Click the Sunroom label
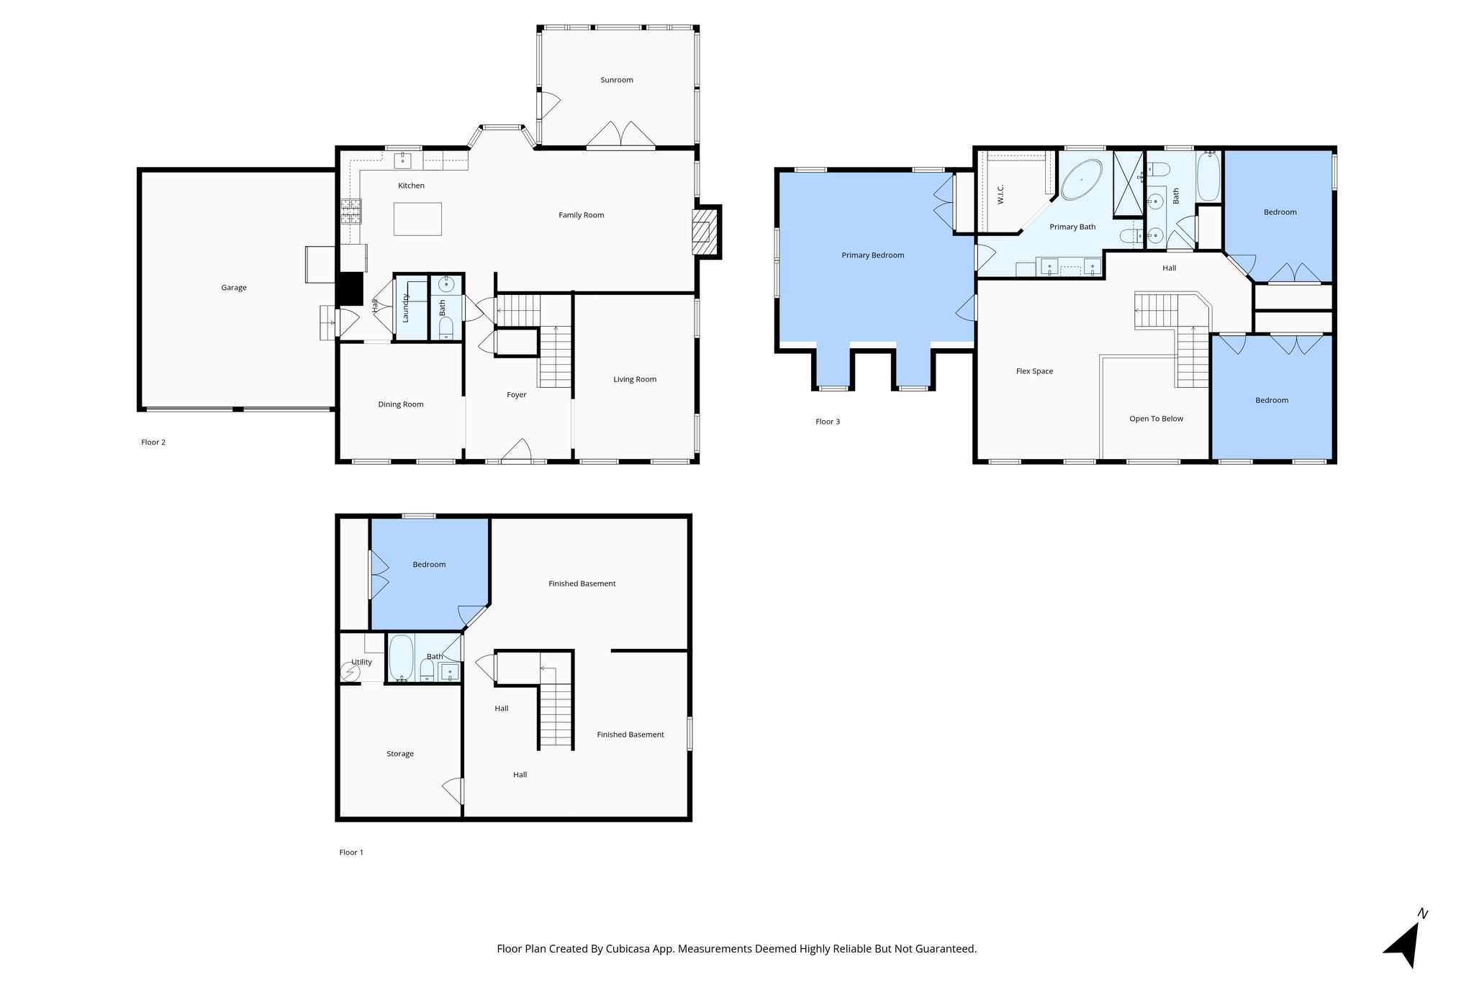pyautogui.click(x=617, y=80)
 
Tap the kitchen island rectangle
pyautogui.click(x=417, y=219)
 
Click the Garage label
pyautogui.click(x=233, y=288)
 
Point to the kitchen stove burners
pyautogui.click(x=351, y=211)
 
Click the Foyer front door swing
pyautogui.click(x=516, y=450)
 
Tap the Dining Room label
pyautogui.click(x=401, y=404)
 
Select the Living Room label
pyautogui.click(x=635, y=379)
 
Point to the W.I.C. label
pyautogui.click(x=1000, y=194)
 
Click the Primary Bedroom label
pyautogui.click(x=872, y=255)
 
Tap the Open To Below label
pyautogui.click(x=1156, y=419)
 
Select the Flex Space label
pyautogui.click(x=1034, y=371)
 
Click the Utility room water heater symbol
pyautogui.click(x=351, y=673)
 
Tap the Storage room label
pyautogui.click(x=400, y=754)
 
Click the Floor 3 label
pyautogui.click(x=827, y=422)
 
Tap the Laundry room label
pyautogui.click(x=405, y=308)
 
